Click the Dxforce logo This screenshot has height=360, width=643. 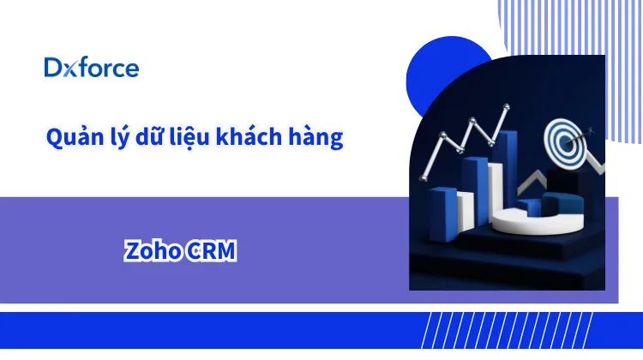(x=92, y=68)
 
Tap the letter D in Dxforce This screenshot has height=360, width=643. (x=53, y=68)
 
